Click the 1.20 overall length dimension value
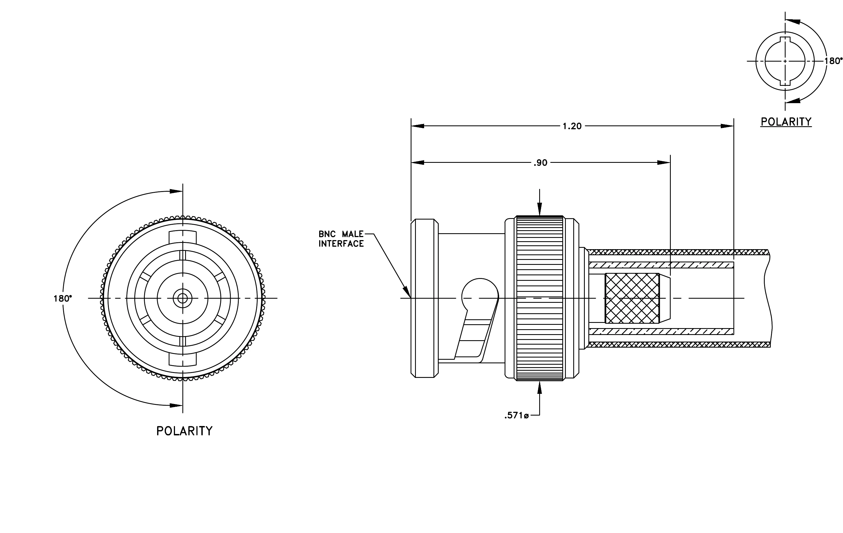pyautogui.click(x=572, y=126)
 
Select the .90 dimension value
pyautogui.click(x=540, y=163)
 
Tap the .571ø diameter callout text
pyautogui.click(x=516, y=416)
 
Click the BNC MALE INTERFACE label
pyautogui.click(x=341, y=239)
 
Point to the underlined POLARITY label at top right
pyautogui.click(x=786, y=122)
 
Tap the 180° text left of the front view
pyautogui.click(x=63, y=299)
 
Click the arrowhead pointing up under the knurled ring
pyautogui.click(x=539, y=388)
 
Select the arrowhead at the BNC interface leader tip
pyautogui.click(x=407, y=292)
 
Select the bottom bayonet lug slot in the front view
pyautogui.click(x=182, y=359)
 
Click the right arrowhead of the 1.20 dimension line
pyautogui.click(x=727, y=126)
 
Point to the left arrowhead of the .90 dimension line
pyautogui.click(x=418, y=163)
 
